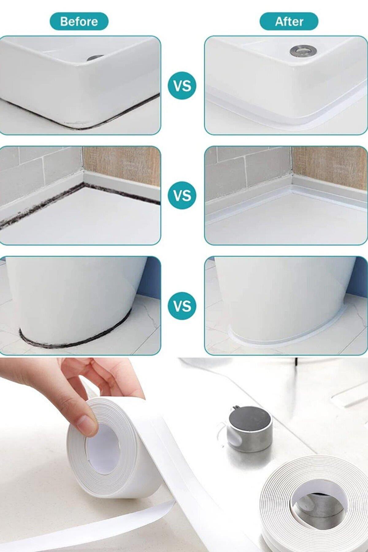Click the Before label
click(79, 21)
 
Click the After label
click(289, 21)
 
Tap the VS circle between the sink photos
click(182, 86)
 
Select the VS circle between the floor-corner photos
click(182, 195)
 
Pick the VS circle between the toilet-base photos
click(182, 306)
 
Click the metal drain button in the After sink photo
click(300, 51)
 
